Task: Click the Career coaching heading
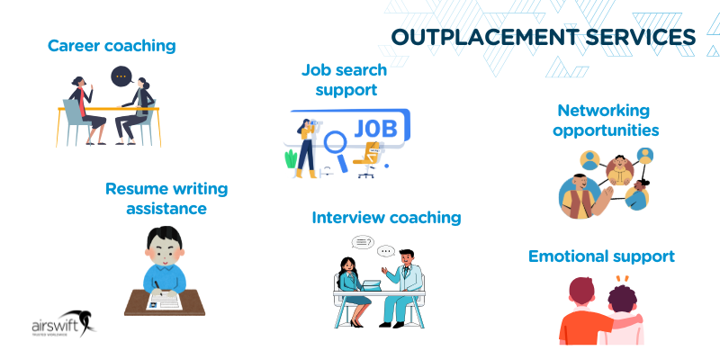pos(112,45)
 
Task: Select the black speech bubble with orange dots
pos(121,76)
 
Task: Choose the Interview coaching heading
pos(386,217)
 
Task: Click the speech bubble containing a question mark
pos(363,241)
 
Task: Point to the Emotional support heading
pos(601,256)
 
